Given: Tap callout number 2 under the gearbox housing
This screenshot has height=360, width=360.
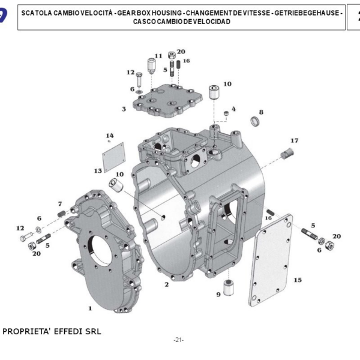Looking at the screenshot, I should [166, 283].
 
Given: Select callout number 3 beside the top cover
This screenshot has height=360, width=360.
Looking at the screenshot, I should [124, 109].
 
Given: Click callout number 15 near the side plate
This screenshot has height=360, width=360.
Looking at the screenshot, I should [298, 279].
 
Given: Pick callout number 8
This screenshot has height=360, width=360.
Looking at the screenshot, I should [261, 112].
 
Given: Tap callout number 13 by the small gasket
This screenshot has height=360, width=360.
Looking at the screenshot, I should [98, 171].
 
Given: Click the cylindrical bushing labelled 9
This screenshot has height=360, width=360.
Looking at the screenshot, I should [229, 286].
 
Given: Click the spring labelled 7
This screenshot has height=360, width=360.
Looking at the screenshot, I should [61, 213].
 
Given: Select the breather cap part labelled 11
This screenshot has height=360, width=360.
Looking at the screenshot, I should [151, 65].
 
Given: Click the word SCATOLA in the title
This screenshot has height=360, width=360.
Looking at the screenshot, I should [39, 13].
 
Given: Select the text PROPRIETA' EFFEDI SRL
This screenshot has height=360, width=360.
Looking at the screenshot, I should [52, 331].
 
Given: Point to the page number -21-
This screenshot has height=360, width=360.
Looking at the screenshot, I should [178, 340].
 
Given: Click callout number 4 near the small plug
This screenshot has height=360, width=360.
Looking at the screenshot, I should [234, 109].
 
